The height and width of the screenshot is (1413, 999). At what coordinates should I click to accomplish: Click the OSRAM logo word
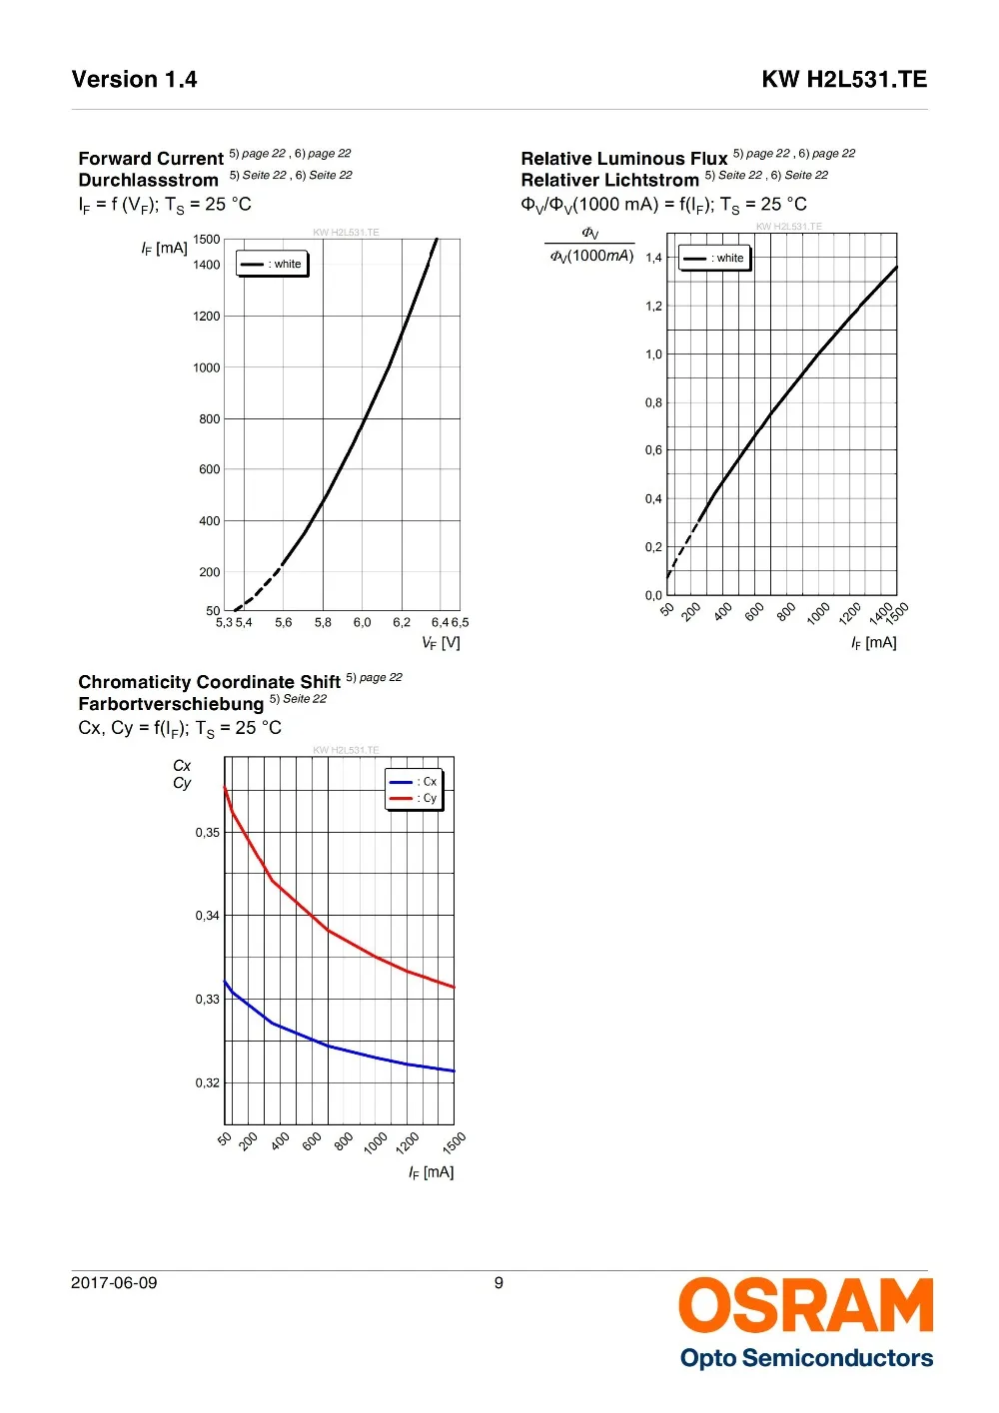click(805, 1306)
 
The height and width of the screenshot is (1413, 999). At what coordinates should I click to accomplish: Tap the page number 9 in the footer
click(499, 1283)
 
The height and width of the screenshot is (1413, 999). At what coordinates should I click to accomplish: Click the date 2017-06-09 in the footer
click(114, 1283)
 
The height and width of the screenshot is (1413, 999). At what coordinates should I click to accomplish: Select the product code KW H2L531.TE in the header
click(844, 80)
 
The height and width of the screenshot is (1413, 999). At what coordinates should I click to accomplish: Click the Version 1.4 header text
click(134, 80)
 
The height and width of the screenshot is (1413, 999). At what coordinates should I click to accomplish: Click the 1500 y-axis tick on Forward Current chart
click(207, 240)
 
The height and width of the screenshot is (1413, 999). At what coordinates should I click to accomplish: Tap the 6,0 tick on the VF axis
click(362, 623)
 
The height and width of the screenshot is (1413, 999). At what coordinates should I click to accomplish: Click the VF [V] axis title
click(441, 643)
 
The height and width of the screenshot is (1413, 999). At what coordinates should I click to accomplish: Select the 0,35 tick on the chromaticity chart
click(207, 833)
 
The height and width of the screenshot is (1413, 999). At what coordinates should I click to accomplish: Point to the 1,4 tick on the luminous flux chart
click(653, 258)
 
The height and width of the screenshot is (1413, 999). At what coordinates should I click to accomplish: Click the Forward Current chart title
click(151, 159)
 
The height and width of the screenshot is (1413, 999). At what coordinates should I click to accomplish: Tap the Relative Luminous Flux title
click(624, 159)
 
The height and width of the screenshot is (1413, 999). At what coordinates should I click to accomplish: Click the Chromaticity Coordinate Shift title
click(210, 682)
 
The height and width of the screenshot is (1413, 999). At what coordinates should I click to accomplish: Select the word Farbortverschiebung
click(171, 704)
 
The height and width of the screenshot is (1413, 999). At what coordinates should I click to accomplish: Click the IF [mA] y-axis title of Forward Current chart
click(164, 249)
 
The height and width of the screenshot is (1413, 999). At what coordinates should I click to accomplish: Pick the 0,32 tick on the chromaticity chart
click(207, 1083)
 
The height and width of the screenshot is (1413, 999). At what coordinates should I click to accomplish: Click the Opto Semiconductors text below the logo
click(806, 1358)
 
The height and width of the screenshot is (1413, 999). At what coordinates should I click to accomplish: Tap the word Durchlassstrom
click(148, 181)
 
